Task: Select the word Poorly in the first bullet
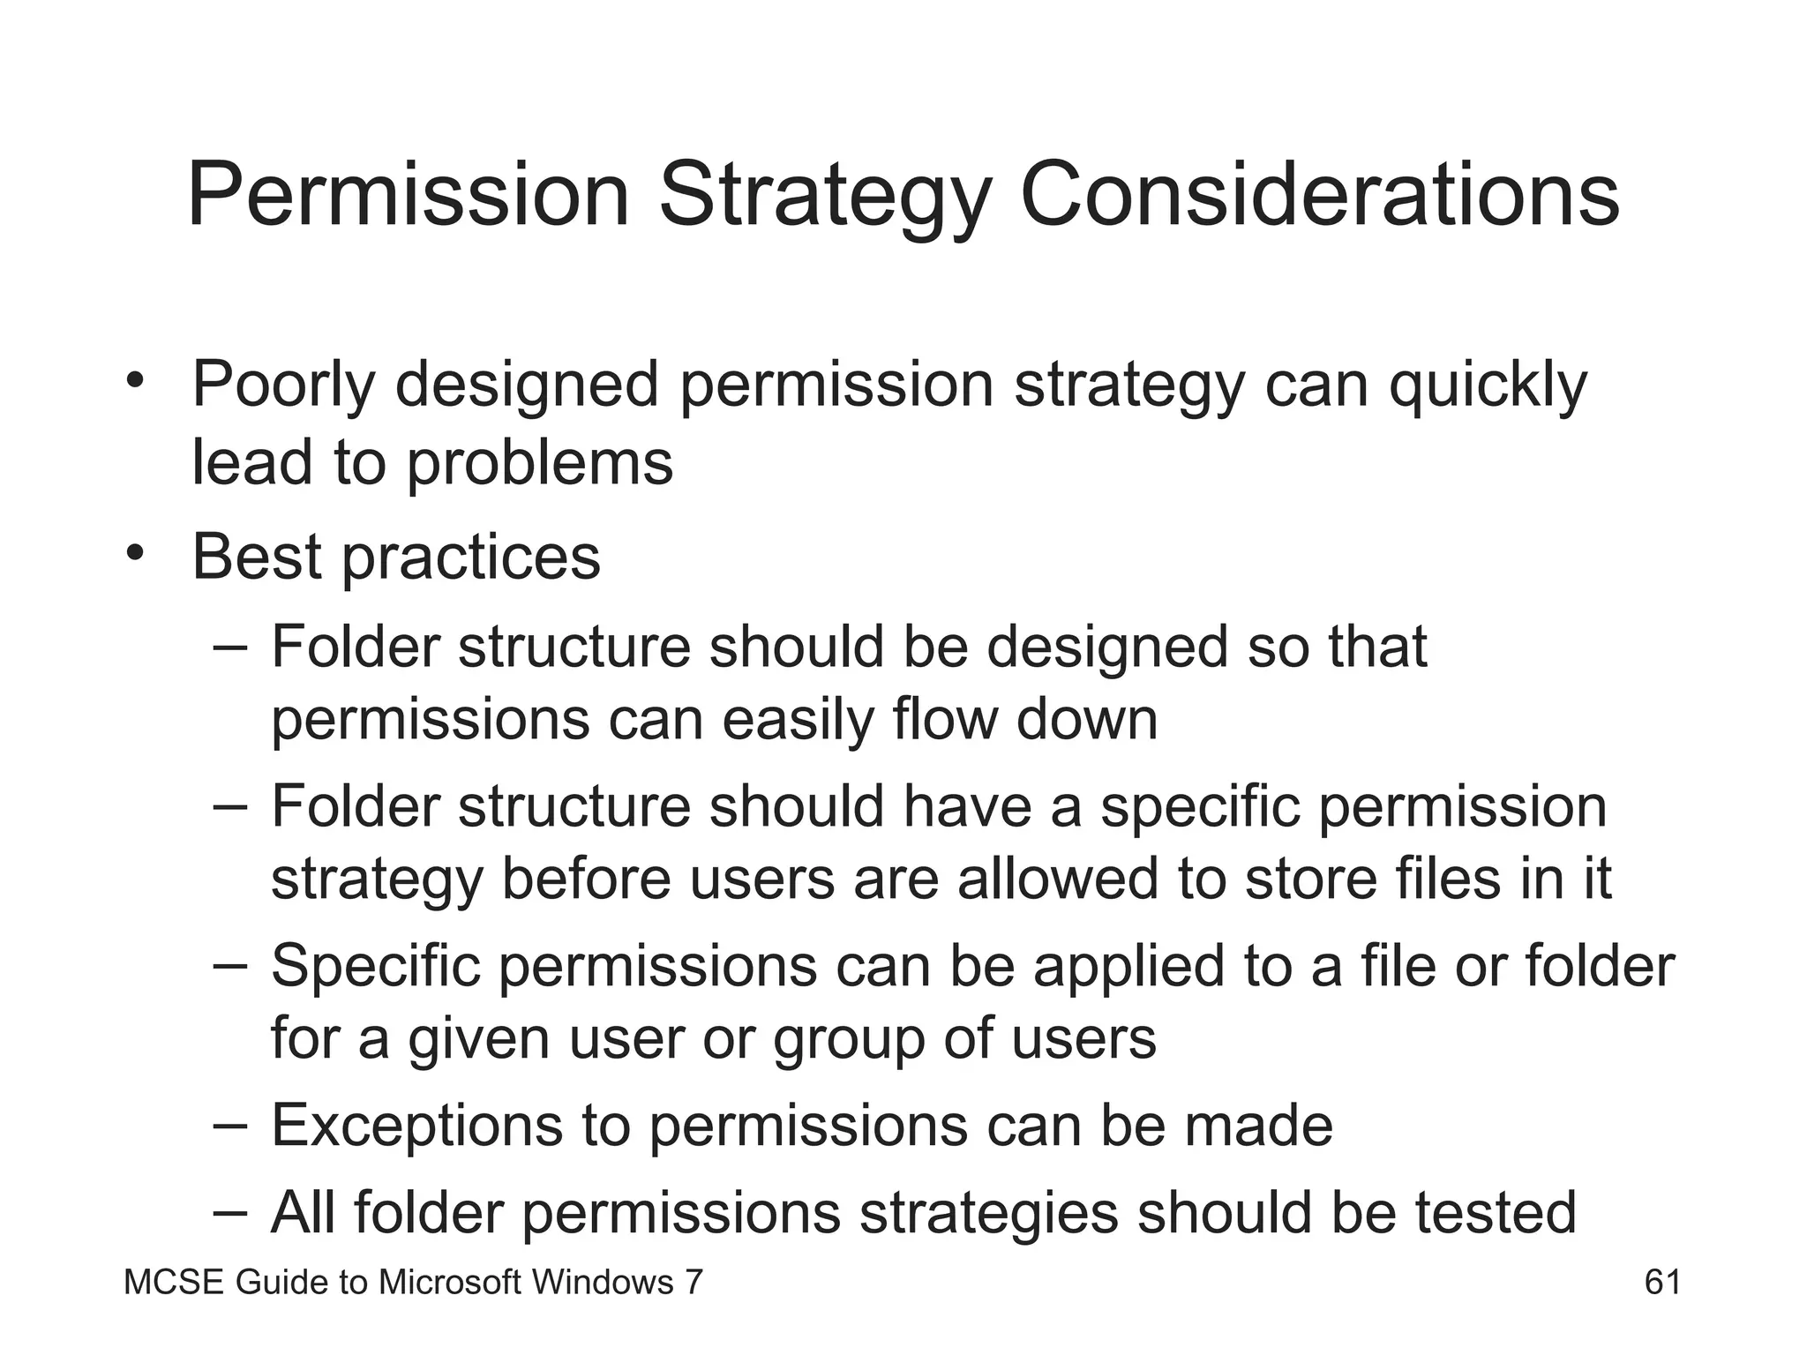coord(283,386)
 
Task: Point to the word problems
coord(539,463)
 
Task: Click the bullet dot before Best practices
coord(134,554)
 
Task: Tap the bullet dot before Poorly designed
coord(134,381)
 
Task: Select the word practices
coord(471,558)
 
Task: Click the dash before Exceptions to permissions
coord(230,1126)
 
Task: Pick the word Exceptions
coord(416,1126)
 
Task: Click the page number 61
coord(1662,1282)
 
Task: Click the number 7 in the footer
coord(694,1282)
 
